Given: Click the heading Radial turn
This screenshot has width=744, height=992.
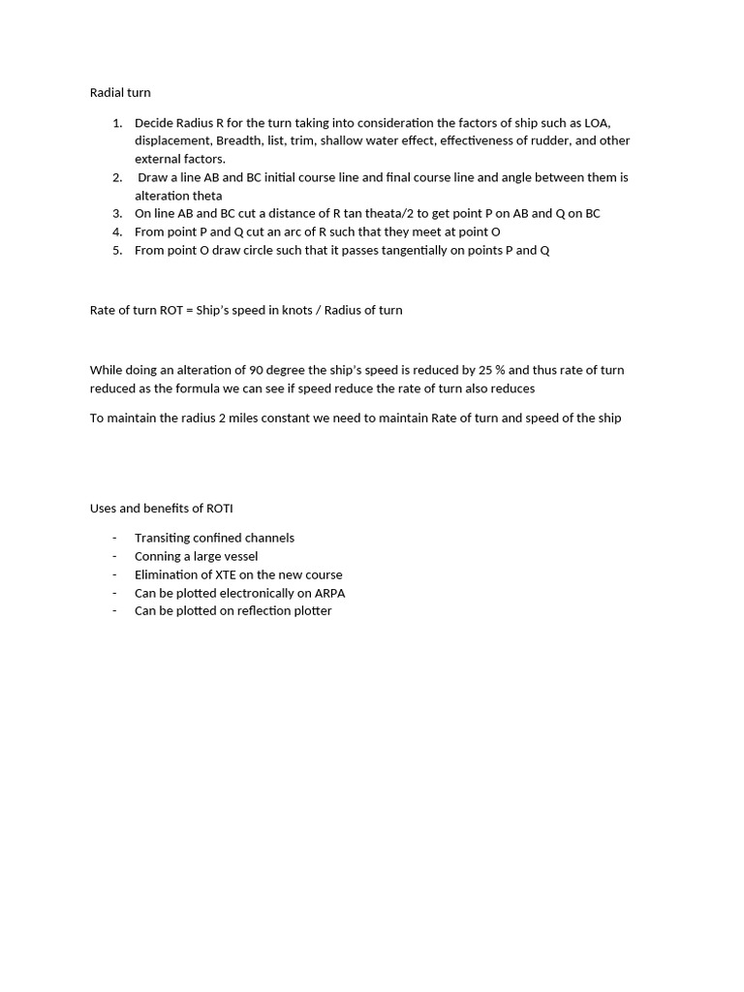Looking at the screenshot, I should coord(120,93).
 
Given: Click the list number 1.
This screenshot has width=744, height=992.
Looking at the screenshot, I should coord(116,123).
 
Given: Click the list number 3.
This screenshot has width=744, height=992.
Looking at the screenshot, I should coord(116,213).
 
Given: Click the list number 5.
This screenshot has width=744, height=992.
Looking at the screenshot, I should coord(116,250).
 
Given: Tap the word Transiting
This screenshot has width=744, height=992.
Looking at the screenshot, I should coord(166,538).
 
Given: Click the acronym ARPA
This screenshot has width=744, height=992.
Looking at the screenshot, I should coord(329,593).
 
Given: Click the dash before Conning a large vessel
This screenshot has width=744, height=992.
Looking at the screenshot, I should coord(114,556).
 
